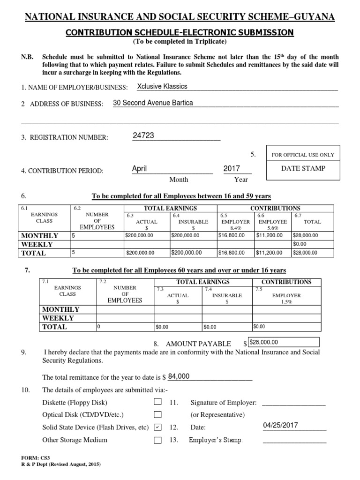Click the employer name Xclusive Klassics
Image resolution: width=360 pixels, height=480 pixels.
point(162,86)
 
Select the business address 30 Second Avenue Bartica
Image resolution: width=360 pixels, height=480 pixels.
point(153,103)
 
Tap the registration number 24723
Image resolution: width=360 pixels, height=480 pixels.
point(143,135)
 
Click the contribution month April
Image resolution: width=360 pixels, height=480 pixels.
point(140,168)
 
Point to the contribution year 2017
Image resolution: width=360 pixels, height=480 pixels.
point(232,168)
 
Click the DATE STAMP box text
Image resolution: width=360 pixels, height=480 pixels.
point(303,168)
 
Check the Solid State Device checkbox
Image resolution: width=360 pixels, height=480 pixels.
point(157,427)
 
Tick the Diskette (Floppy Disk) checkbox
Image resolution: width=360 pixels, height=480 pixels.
point(157,402)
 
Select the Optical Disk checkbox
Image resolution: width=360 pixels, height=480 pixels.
point(157,415)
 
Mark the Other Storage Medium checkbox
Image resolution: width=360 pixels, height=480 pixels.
point(157,440)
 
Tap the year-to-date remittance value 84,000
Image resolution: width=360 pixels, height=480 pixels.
point(179,376)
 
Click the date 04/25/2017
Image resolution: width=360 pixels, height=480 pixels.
point(280,425)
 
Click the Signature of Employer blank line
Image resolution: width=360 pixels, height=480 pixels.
point(293,403)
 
